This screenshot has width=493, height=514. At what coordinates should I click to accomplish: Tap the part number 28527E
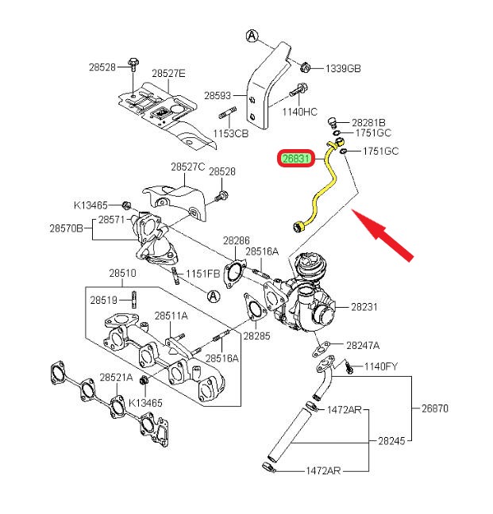[x=168, y=73]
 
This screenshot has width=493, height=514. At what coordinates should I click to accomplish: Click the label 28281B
[x=368, y=122]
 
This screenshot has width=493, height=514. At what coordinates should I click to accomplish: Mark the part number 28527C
[x=187, y=167]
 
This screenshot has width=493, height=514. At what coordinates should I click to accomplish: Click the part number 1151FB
[x=202, y=274]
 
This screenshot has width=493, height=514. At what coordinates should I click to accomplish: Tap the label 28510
[x=122, y=274]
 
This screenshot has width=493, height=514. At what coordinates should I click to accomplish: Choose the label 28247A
[x=363, y=345]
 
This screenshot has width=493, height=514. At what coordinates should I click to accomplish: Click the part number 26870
[x=434, y=409]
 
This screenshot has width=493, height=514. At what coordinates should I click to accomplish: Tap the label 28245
[x=393, y=440]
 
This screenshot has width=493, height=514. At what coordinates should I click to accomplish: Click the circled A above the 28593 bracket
[x=252, y=36]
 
